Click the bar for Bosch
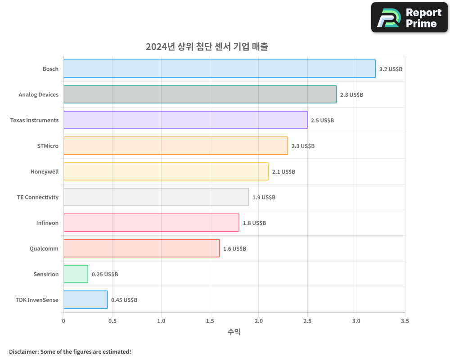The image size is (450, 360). (x=219, y=69)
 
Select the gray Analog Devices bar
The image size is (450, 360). (x=200, y=94)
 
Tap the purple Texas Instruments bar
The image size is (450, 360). (x=185, y=120)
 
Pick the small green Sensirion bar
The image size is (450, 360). (x=76, y=274)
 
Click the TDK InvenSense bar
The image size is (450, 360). (x=85, y=300)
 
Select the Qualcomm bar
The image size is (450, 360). (x=141, y=248)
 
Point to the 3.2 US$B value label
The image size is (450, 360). (x=391, y=69)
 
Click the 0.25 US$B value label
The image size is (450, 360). (x=105, y=274)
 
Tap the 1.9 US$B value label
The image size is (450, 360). (x=264, y=198)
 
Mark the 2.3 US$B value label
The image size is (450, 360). (x=303, y=146)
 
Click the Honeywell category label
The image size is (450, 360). (x=45, y=172)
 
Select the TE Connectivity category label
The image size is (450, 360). (x=38, y=198)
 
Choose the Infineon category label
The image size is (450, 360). (x=47, y=223)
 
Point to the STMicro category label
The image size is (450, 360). (x=48, y=146)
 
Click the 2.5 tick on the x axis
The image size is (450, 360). (x=307, y=321)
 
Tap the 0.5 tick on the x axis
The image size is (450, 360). (x=112, y=321)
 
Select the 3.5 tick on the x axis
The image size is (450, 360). (x=405, y=321)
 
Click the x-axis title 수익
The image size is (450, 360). (x=234, y=332)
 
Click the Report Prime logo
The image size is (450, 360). (x=409, y=18)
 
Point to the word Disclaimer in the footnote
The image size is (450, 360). (x=23, y=352)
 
